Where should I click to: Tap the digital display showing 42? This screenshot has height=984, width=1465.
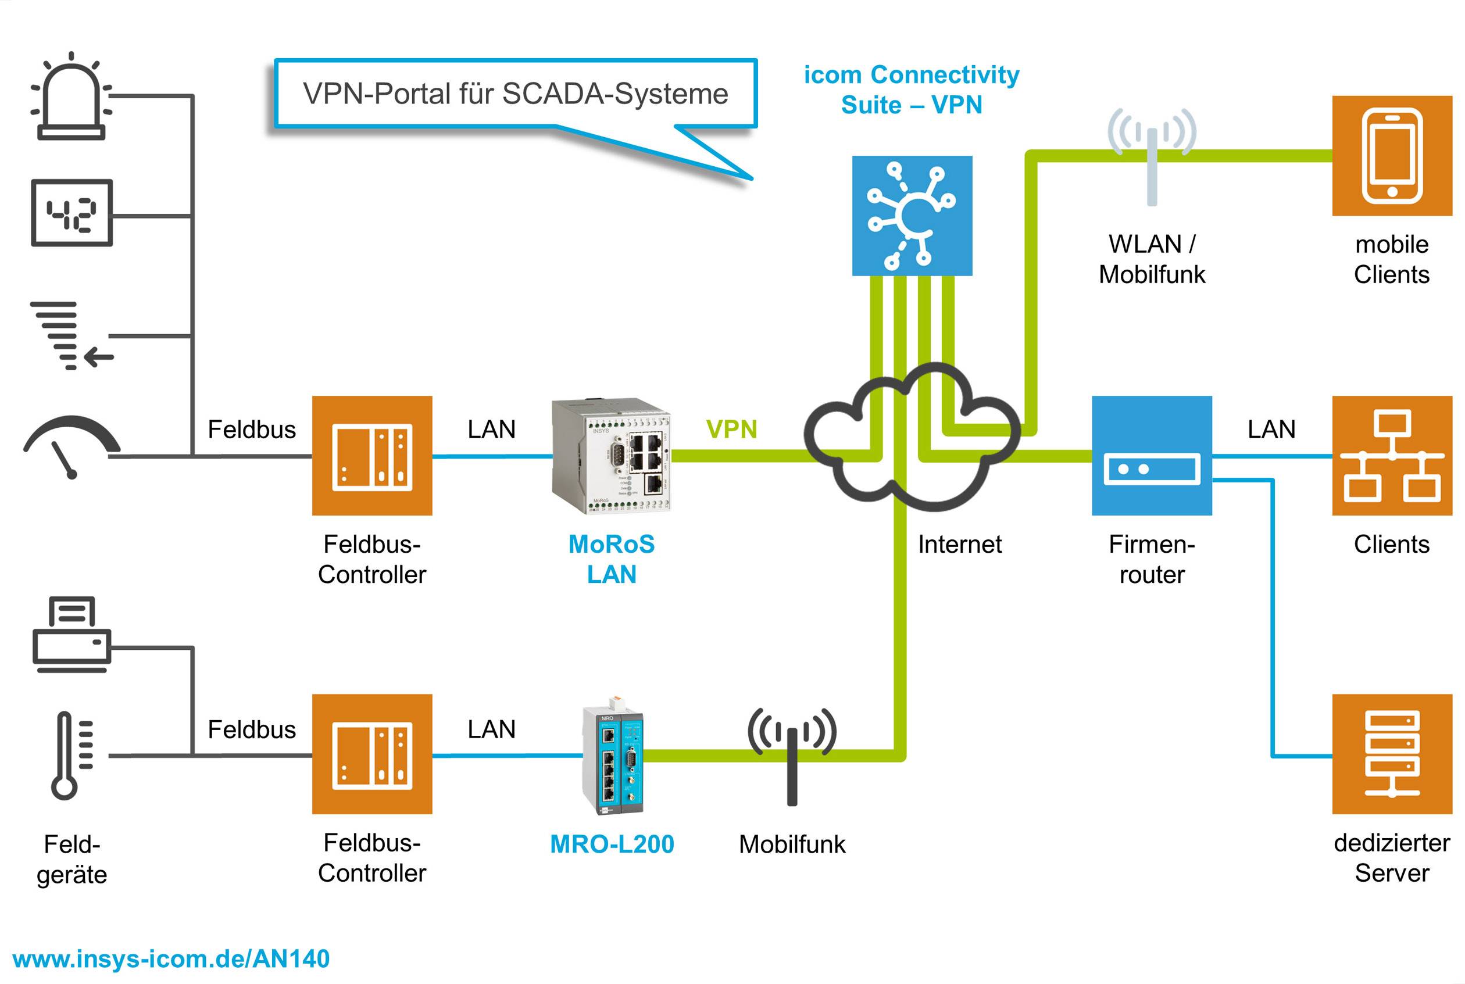[72, 213]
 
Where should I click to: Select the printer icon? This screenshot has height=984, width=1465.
[72, 635]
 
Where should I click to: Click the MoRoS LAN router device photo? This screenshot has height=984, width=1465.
[611, 456]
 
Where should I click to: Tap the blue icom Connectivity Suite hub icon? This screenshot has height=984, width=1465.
[912, 216]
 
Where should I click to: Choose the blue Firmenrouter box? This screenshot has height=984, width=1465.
[1151, 456]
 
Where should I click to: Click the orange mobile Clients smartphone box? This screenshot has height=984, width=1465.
[1392, 156]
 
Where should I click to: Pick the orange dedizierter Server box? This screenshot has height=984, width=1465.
[1392, 754]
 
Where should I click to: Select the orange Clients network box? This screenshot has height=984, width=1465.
[1392, 456]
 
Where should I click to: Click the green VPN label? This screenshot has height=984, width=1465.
[731, 430]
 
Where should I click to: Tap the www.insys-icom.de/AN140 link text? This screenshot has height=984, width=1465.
[171, 959]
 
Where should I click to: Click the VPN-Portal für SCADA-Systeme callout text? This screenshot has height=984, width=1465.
[514, 94]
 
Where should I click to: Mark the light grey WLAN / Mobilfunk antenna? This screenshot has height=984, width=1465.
[1151, 157]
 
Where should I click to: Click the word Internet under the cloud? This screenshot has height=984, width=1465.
[959, 544]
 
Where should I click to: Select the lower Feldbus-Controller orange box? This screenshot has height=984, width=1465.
[371, 754]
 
